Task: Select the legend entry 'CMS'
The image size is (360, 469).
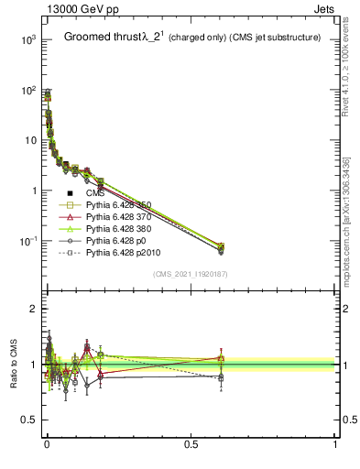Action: pos(96,193)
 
